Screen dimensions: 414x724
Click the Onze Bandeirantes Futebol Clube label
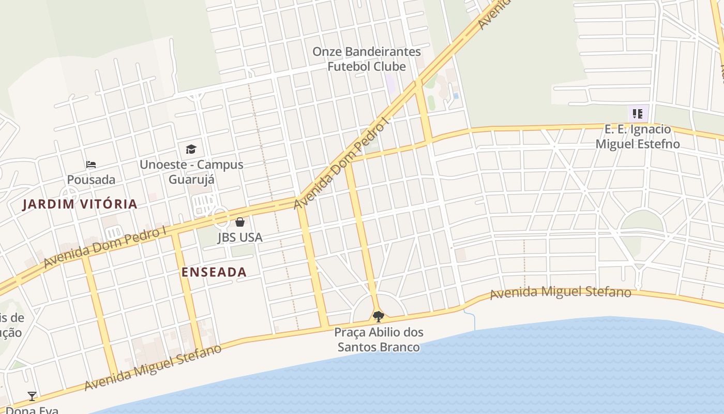367,59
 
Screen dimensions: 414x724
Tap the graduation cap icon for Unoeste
191,150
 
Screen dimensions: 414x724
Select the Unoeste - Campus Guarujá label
191,172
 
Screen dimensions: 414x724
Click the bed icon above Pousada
91,165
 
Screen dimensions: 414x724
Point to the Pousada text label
91,180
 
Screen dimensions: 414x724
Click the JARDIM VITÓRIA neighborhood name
80,204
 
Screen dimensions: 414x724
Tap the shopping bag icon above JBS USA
240,223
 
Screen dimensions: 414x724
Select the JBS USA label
240,238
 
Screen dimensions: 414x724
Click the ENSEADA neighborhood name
214,272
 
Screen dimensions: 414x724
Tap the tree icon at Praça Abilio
379,316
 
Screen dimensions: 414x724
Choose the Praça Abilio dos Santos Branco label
379,339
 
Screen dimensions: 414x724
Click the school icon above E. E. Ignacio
638,113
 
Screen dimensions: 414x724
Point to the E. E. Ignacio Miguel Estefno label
638,137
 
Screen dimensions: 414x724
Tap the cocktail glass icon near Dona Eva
32,396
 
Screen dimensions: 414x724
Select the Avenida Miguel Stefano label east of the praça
561,292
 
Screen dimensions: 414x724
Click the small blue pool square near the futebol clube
456,96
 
